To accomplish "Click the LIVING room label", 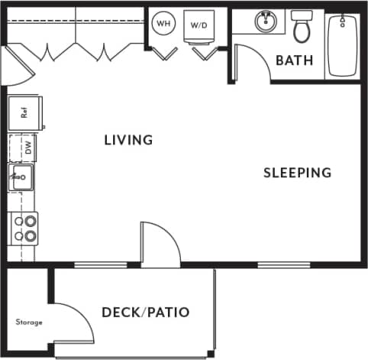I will tap(128, 140).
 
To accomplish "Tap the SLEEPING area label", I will tap(297, 173).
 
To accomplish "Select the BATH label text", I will tap(294, 60).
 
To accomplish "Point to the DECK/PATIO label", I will tap(145, 312).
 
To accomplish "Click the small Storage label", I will tap(29, 323).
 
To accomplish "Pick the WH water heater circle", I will tap(163, 24).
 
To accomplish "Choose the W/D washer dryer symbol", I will tap(199, 25).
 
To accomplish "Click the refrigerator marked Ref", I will tap(24, 112).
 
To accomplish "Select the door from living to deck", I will tap(160, 245).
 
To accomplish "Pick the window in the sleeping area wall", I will tap(278, 265).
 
